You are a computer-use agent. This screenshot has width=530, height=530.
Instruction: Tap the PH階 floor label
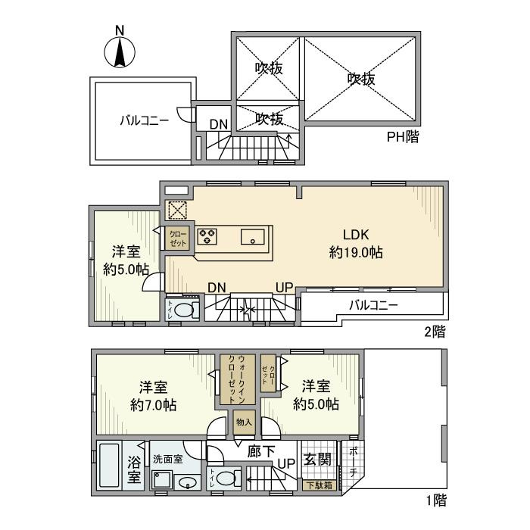403,137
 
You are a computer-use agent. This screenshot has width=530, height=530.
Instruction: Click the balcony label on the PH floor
143,120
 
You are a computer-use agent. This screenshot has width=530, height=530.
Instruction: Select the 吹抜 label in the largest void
362,78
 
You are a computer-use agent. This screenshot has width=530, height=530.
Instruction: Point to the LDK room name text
355,235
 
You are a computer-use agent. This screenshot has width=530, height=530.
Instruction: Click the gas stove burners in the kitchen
207,236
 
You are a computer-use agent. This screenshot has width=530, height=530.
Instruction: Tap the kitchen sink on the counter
251,237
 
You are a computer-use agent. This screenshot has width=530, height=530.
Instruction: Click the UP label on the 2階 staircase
284,288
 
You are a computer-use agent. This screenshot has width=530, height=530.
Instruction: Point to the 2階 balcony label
373,306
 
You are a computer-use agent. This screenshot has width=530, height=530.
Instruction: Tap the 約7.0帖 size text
153,405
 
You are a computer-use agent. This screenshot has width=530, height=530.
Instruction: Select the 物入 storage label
243,422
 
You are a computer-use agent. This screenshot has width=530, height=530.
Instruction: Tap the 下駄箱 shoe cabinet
318,485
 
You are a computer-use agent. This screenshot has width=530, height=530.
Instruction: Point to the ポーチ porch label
354,463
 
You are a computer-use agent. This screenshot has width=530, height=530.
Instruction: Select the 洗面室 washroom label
168,459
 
